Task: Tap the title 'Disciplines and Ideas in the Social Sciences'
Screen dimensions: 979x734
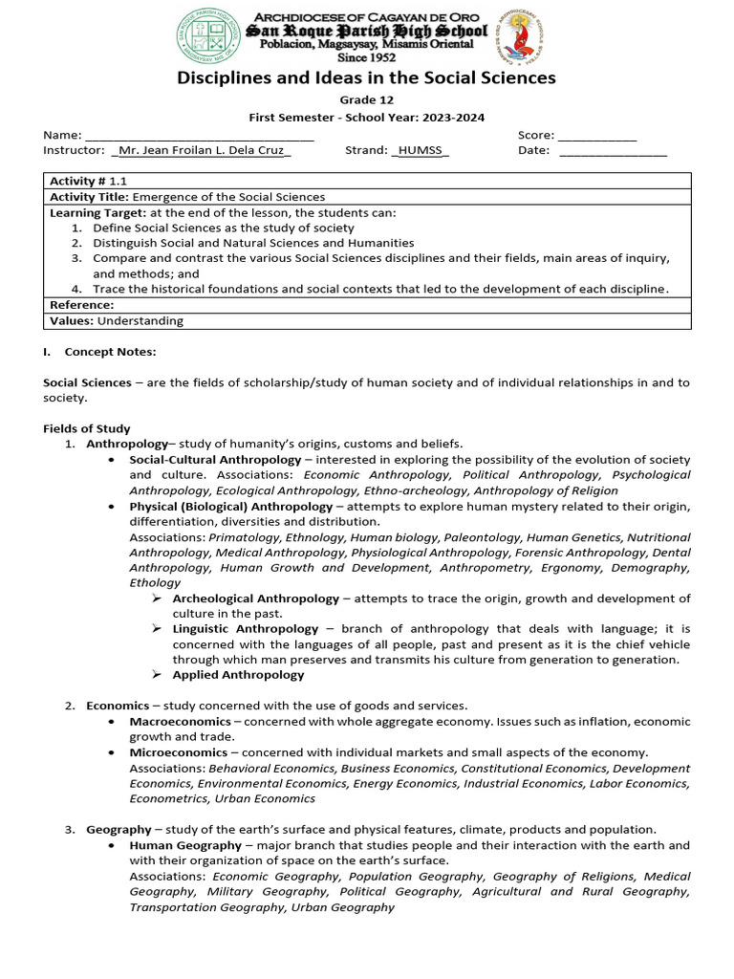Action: click(366, 78)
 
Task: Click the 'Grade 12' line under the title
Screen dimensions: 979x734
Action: click(366, 100)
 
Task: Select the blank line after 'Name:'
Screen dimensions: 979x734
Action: click(200, 136)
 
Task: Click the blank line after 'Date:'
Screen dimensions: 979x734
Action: click(613, 151)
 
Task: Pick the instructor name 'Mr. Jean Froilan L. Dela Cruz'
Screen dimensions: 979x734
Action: click(201, 150)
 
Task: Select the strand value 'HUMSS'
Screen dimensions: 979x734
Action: click(421, 150)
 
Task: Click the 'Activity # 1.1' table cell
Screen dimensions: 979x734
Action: click(88, 181)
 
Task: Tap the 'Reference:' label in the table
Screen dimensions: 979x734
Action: click(81, 305)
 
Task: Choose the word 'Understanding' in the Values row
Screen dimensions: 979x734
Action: click(140, 321)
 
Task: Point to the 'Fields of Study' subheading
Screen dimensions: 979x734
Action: click(87, 428)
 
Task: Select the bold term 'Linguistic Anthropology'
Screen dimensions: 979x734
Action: click(246, 629)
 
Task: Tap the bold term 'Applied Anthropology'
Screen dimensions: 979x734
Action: click(238, 675)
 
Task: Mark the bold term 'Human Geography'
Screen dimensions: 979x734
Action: click(185, 845)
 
